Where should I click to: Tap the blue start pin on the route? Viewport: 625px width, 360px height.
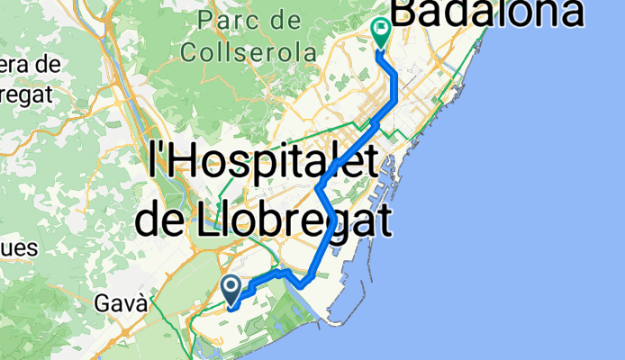coord(231,288)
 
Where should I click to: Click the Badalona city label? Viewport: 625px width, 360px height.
coord(486,13)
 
